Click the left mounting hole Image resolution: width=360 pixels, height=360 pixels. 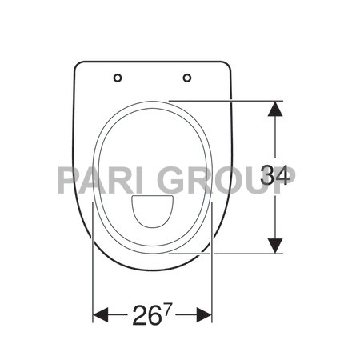coord(118,78)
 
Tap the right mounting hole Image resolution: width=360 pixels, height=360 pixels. coord(187,78)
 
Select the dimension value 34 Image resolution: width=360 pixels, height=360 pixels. coord(274,174)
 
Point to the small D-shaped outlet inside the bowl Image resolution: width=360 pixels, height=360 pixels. coord(152,210)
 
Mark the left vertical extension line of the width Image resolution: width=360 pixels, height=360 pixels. coord(94,264)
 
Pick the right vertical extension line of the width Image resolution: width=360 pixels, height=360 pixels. coord(212,264)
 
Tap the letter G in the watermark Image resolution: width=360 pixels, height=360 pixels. coord(171,178)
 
